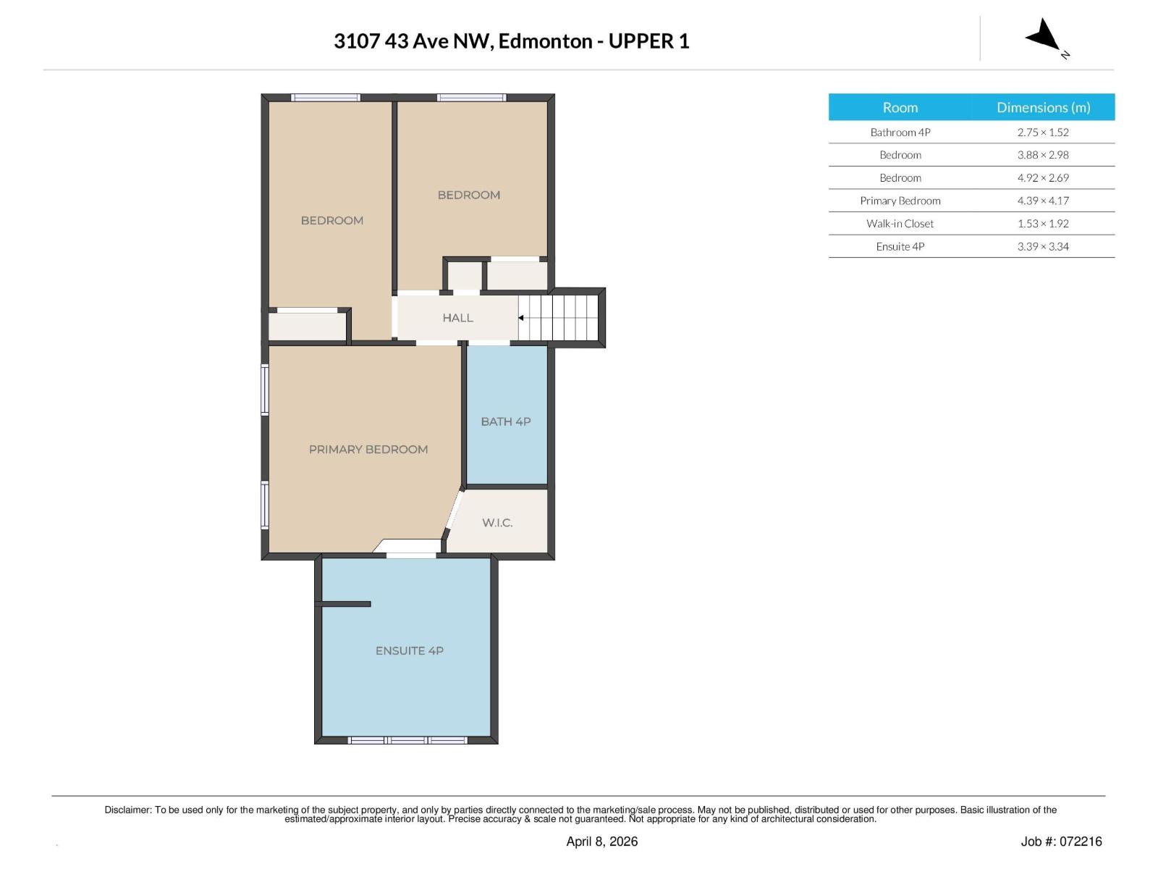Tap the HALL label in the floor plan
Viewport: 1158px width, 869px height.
tap(457, 318)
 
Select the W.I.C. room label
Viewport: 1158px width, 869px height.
tap(497, 523)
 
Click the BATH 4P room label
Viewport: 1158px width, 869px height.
tap(506, 421)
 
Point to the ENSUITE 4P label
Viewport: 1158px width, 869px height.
tap(409, 651)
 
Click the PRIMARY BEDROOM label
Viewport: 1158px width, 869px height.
tap(368, 450)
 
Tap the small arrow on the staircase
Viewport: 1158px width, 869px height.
tap(521, 318)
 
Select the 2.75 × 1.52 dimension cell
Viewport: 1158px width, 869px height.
tap(1042, 133)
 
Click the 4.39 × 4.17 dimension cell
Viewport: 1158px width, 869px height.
tap(1042, 201)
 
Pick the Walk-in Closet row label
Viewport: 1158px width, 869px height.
tap(900, 224)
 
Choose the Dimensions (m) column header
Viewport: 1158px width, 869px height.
tap(1043, 107)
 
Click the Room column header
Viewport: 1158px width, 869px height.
tap(900, 107)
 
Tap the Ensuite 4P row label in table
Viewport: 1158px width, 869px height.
tap(900, 246)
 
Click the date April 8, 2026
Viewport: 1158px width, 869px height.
tap(601, 841)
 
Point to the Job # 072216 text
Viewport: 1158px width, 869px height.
tap(1061, 841)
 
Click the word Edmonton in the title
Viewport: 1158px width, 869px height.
tap(545, 41)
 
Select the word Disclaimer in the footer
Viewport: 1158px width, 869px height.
tap(127, 810)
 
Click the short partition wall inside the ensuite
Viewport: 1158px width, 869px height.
tap(345, 604)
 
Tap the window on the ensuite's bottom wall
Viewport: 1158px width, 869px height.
tap(408, 740)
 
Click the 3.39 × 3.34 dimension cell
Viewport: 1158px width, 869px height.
tap(1042, 246)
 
